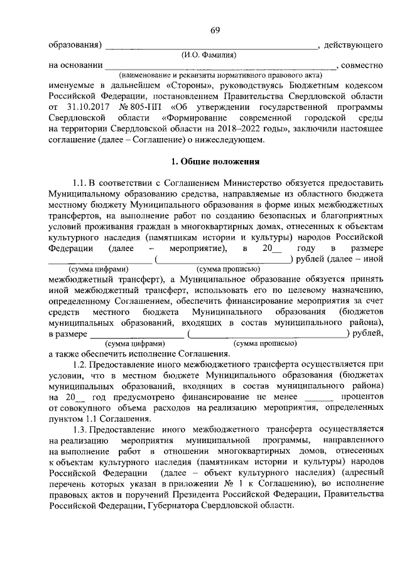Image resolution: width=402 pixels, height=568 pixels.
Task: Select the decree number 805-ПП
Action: pos(144,107)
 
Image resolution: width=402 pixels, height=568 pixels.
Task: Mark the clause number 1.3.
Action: pos(81,429)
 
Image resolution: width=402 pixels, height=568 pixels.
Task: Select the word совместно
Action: pos(362,65)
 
